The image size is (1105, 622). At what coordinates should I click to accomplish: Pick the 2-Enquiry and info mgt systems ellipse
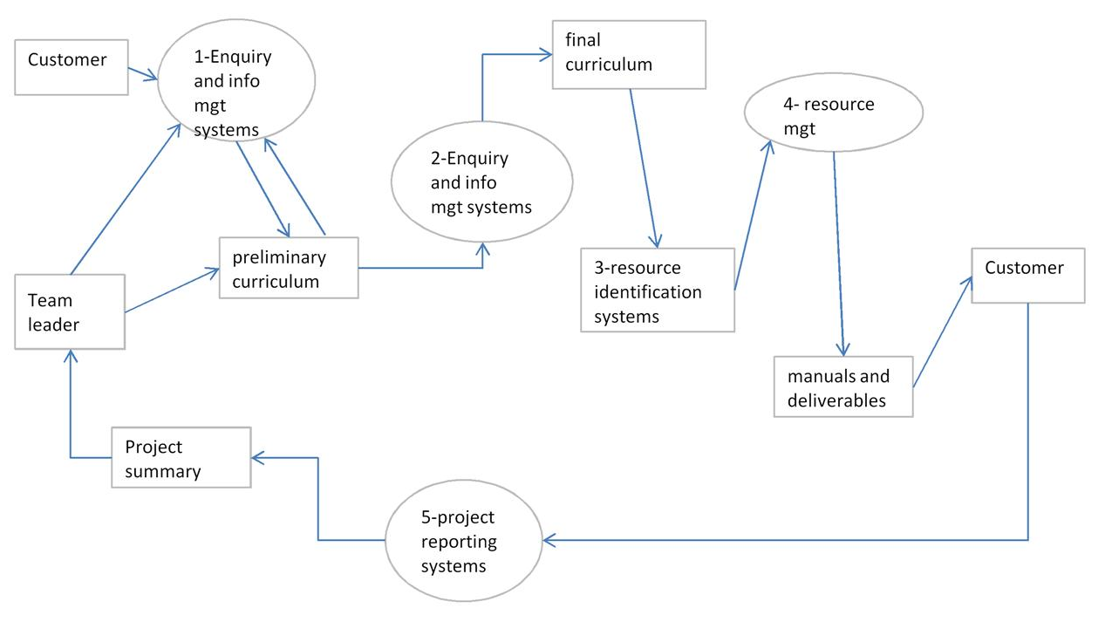coord(481,182)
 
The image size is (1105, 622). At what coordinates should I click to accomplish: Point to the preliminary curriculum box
coord(289,269)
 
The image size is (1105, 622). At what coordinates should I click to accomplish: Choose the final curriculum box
coord(628,53)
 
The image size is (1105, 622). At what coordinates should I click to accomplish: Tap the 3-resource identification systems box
coord(657,290)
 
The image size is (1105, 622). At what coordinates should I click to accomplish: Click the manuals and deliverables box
coord(842,386)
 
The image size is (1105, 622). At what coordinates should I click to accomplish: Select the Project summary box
coord(181,457)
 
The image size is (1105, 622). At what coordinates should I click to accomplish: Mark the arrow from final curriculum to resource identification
coord(644,166)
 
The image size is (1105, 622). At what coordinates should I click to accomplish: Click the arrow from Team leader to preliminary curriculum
coord(172,290)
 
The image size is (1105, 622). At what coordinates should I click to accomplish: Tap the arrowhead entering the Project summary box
coord(258,457)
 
